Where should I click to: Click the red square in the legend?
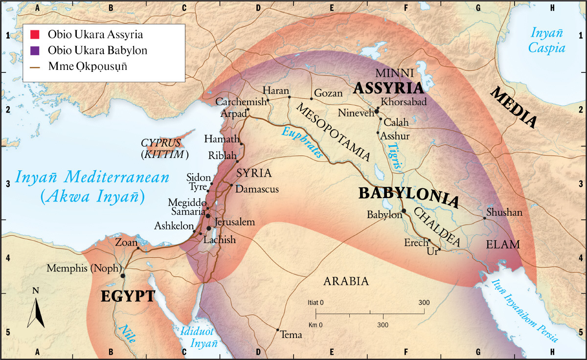pos(34,35)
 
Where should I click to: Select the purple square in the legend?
pos(34,50)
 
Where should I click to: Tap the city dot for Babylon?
pos(404,211)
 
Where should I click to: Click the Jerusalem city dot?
pos(209,228)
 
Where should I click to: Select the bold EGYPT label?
pos(128,296)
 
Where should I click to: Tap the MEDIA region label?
pos(514,108)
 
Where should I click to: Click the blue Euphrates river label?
pos(301,142)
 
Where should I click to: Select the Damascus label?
pos(257,189)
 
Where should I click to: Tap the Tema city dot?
pos(278,330)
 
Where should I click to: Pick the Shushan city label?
pos(505,213)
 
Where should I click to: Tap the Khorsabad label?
pos(404,102)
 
